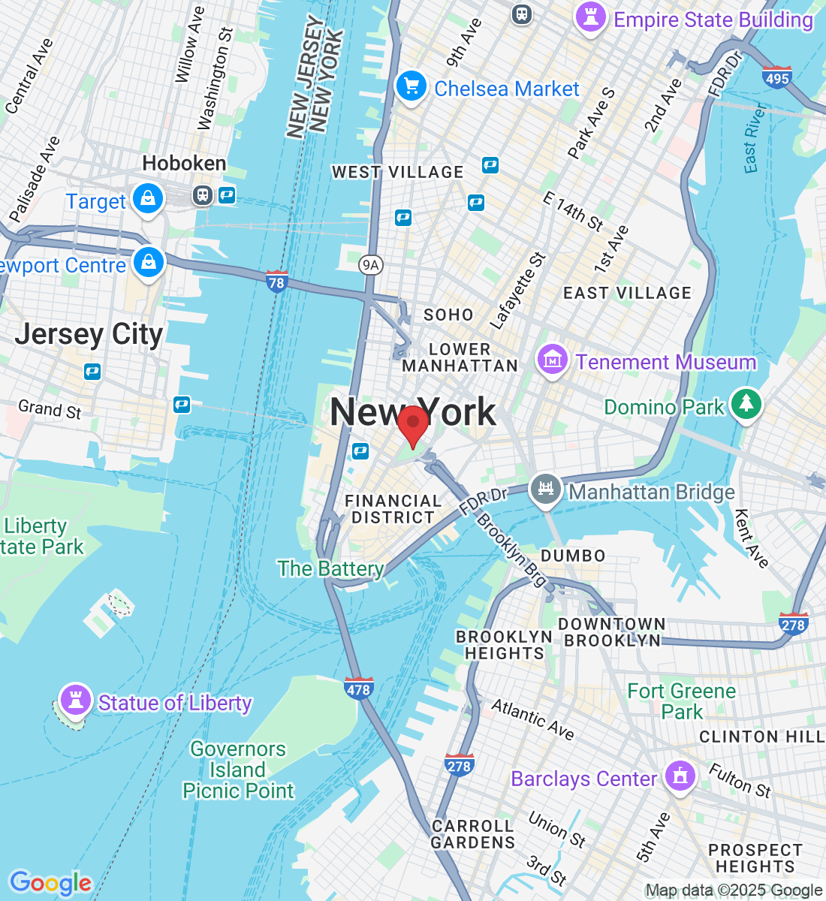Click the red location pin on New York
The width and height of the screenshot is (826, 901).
[x=412, y=425]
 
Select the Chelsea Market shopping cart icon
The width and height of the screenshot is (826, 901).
[x=411, y=87]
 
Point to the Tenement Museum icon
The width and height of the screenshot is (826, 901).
[x=553, y=360]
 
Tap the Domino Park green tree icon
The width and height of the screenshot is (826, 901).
[x=746, y=405]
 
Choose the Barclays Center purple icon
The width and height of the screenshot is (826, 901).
[x=680, y=776]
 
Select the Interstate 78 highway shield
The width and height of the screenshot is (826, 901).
[x=276, y=282]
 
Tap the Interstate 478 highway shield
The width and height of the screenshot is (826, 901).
[x=359, y=688]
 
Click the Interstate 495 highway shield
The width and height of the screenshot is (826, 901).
[x=776, y=77]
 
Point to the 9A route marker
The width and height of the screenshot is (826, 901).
[x=370, y=264]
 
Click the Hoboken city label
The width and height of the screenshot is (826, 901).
[x=184, y=163]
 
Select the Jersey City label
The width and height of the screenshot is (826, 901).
[x=89, y=334]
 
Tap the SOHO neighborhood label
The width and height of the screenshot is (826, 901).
[x=448, y=315]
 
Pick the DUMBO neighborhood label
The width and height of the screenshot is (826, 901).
[x=573, y=556]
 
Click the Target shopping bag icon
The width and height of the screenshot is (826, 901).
[x=149, y=200]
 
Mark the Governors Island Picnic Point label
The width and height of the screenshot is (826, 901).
[x=238, y=770]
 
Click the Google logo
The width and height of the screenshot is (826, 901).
[x=50, y=883]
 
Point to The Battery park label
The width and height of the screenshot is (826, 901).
[x=330, y=568]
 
